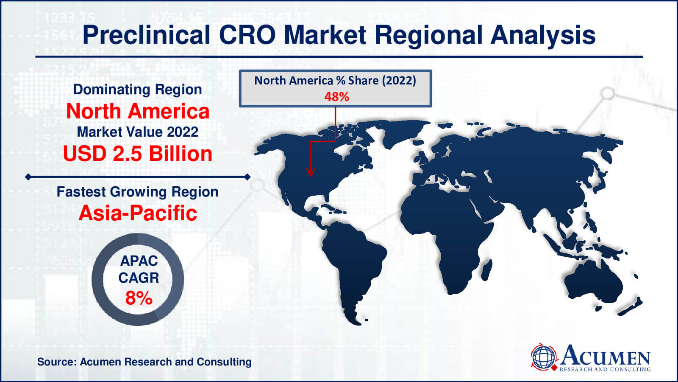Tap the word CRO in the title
[247, 35]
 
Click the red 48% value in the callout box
[336, 97]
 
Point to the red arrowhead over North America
[311, 171]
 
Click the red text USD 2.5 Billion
[138, 154]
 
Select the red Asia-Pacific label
[138, 213]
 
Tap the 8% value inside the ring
[139, 298]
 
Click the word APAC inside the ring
[139, 261]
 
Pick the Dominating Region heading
[137, 90]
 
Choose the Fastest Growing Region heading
[137, 192]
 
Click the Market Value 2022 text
[137, 132]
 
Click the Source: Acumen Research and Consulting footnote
[144, 362]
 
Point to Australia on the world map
[593, 282]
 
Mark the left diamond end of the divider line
[28, 177]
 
